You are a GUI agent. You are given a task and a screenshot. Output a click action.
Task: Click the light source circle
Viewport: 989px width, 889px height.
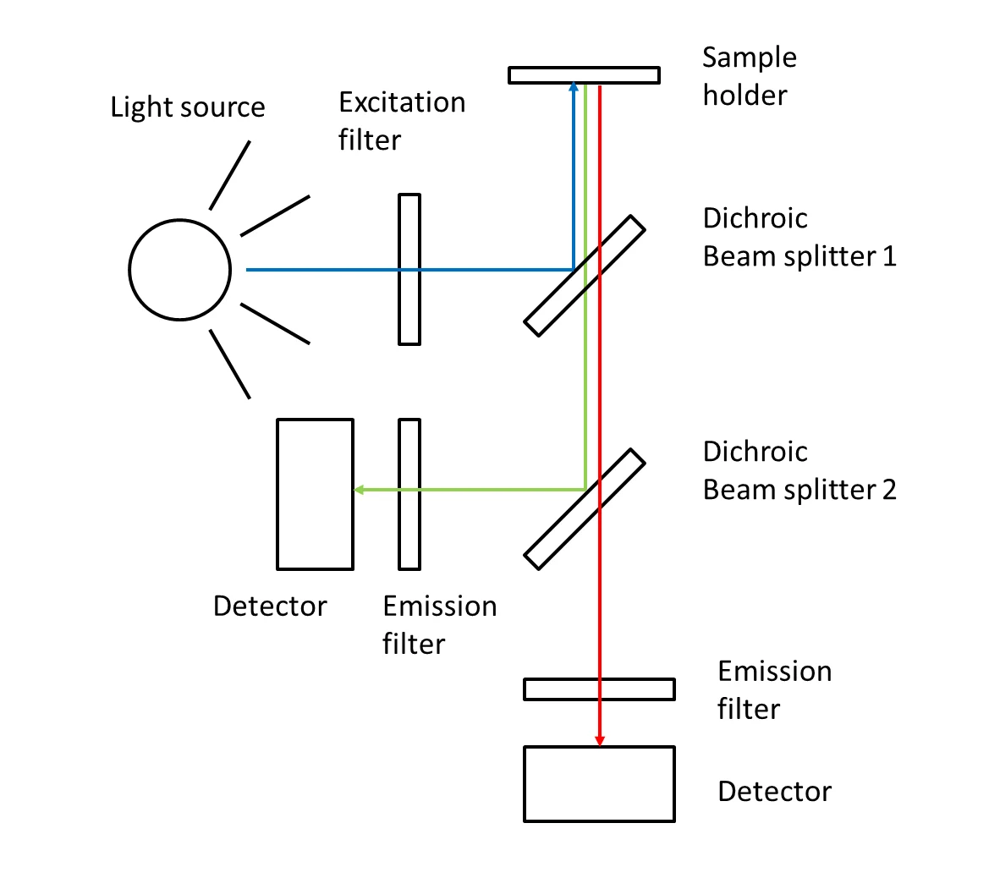pos(179,270)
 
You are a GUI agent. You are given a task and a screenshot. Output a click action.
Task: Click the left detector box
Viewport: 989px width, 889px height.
pos(315,494)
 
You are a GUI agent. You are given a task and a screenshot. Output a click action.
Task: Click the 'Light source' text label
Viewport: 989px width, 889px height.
pos(188,107)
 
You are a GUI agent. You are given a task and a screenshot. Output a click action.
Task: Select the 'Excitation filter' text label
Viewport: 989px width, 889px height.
pos(402,121)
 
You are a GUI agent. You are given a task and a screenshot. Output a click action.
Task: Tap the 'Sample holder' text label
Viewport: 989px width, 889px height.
pos(750,76)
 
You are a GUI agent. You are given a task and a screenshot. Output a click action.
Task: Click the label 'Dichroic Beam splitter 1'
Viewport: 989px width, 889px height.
pos(799,237)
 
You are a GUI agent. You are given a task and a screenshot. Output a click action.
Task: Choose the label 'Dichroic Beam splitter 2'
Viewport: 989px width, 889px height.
pos(799,470)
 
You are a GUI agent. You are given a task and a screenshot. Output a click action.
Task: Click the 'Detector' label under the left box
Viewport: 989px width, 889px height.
pos(270,606)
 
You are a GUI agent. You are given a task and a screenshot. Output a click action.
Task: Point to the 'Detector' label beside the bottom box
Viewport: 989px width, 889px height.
pos(774,792)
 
